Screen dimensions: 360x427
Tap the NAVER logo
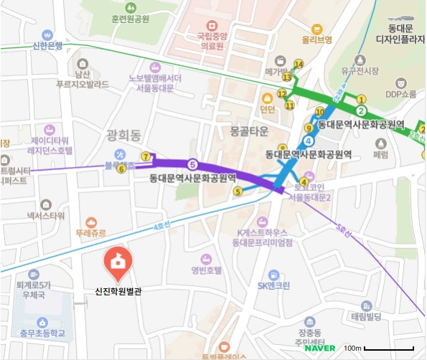click(319, 349)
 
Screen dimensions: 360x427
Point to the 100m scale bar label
click(352, 348)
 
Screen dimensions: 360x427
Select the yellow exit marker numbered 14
click(299, 64)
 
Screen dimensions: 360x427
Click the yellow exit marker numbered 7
click(146, 156)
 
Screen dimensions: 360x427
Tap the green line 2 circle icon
click(361, 110)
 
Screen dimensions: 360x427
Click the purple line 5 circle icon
click(192, 164)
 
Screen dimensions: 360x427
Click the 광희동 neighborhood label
click(126, 135)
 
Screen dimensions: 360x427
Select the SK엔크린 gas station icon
click(273, 275)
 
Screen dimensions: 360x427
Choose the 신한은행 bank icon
click(47, 34)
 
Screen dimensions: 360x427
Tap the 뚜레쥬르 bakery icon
click(90, 223)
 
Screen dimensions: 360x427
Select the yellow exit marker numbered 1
click(361, 99)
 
